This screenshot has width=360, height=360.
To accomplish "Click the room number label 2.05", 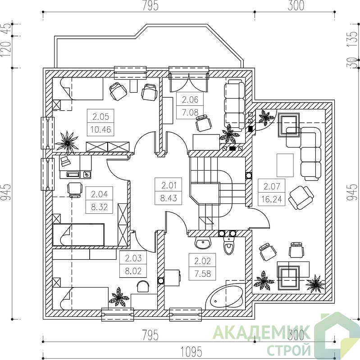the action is [x=100, y=117].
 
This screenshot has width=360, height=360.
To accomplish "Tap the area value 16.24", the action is [x=272, y=199].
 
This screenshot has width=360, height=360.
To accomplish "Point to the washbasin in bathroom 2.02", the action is [x=203, y=243].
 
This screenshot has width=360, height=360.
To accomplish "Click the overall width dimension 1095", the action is [x=191, y=351].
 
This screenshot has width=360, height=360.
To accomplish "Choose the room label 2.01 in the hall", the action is [x=169, y=185].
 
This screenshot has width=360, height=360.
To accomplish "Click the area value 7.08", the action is [x=190, y=112].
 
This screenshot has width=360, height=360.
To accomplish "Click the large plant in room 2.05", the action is [x=67, y=143].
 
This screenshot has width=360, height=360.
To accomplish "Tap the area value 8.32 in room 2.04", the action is [x=99, y=207].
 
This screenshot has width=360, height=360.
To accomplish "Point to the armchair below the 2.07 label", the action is [x=301, y=198].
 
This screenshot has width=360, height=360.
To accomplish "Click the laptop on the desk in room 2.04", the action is [x=65, y=161].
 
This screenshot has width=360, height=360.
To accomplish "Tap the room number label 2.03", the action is [x=133, y=258].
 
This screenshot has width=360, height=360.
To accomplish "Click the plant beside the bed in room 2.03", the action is [x=118, y=297].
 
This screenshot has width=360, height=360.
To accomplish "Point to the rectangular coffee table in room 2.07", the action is [x=285, y=165].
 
